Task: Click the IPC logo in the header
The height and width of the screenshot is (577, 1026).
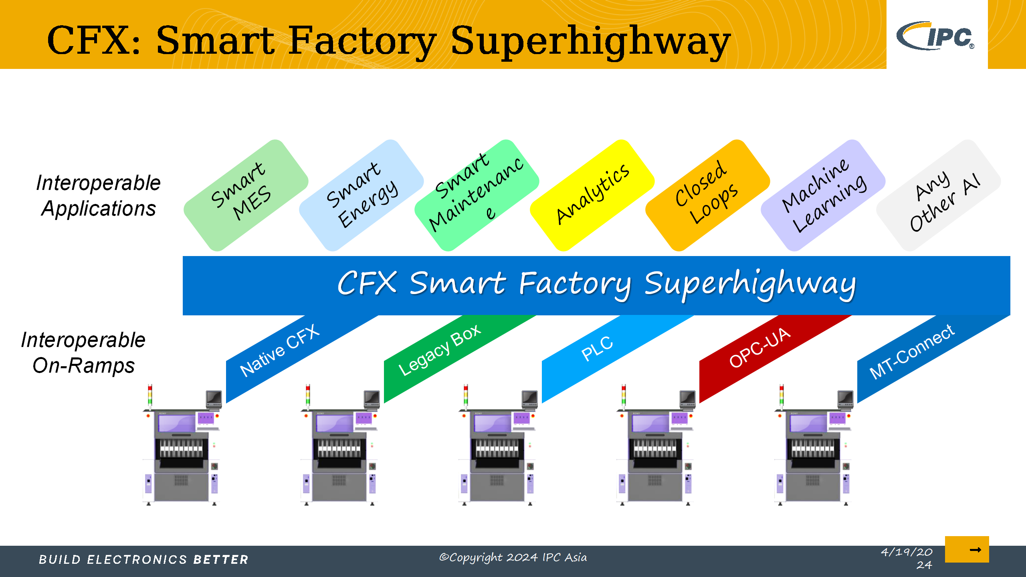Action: point(935,36)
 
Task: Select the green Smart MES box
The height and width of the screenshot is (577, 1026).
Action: point(246,196)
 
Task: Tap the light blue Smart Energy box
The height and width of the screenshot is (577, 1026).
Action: point(362,196)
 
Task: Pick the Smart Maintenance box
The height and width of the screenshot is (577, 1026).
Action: point(477,196)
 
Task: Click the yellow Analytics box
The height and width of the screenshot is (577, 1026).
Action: point(592,196)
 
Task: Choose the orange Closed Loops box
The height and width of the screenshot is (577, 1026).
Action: point(708,196)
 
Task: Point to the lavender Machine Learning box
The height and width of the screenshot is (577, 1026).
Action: point(823,196)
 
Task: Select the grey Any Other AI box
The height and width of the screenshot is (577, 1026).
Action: point(939,196)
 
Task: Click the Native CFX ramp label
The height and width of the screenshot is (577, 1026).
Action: point(280,350)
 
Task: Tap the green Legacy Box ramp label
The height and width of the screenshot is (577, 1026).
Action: point(440,350)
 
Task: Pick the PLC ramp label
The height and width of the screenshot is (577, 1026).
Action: point(597,348)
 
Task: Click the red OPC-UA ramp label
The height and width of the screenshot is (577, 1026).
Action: point(760,347)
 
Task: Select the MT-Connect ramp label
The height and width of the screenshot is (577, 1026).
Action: point(912,351)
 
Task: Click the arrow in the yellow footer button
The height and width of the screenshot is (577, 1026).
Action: point(975,550)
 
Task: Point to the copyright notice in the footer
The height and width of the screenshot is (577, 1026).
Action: point(513,557)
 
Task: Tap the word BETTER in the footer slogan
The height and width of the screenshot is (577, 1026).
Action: point(221,559)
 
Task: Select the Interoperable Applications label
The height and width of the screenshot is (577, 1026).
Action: point(98,196)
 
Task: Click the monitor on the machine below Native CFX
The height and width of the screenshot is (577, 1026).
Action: point(214,399)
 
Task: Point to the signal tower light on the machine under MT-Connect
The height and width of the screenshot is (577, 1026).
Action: point(781,395)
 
